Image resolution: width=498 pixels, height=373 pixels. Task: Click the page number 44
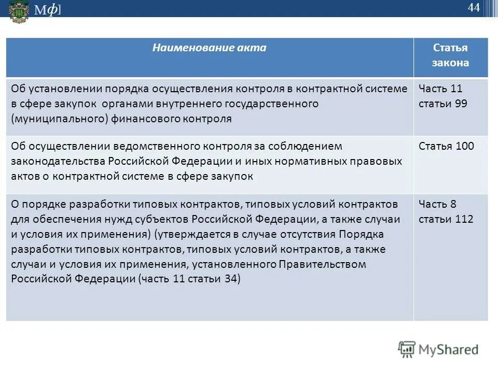pyautogui.click(x=473, y=7)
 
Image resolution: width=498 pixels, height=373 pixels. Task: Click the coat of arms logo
pyautogui.click(x=19, y=11)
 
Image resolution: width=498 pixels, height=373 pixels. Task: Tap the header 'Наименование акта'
pyautogui.click(x=209, y=48)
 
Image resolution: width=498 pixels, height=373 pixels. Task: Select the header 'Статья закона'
pyautogui.click(x=450, y=55)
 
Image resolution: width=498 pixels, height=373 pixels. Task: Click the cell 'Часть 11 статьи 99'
pyautogui.click(x=442, y=96)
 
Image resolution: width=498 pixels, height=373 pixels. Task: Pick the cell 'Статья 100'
pyautogui.click(x=446, y=146)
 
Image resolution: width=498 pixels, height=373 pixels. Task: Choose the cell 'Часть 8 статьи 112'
pyautogui.click(x=446, y=211)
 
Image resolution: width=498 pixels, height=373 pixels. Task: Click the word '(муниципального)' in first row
pyautogui.click(x=60, y=119)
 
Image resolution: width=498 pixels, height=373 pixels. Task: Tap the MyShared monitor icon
pyautogui.click(x=407, y=349)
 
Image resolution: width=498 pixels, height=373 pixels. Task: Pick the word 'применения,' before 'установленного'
pyautogui.click(x=159, y=264)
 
